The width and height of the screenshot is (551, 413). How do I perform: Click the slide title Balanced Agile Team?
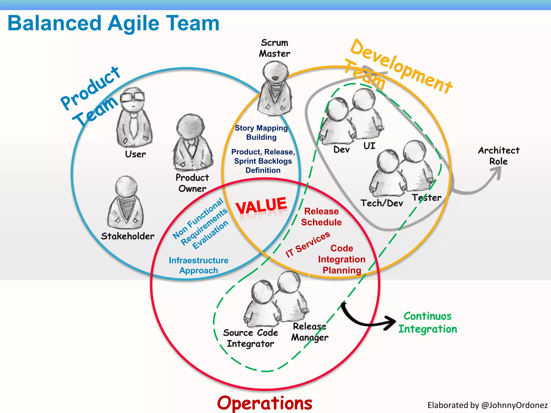pos(114,23)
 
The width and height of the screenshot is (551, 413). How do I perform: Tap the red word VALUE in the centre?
pos(261,205)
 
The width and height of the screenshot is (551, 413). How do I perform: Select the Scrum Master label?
pos(274,48)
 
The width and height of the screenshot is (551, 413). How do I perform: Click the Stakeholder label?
pos(128,236)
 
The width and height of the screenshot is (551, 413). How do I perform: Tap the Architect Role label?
pos(499,156)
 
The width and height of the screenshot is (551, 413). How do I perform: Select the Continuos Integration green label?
pos(428,322)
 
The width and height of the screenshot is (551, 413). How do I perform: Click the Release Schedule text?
pos(321,217)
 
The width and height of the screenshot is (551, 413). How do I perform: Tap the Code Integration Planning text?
pos(342,259)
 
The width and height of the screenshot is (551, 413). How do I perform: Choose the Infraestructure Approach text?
pos(199,265)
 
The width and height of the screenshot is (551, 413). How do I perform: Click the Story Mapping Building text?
pos(261,133)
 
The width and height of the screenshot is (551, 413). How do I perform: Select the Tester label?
pos(426,198)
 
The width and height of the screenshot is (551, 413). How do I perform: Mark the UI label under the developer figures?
pos(369,146)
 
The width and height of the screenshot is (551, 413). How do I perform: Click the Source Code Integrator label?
pos(250,338)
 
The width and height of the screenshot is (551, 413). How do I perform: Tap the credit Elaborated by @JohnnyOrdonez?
pos(487,405)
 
